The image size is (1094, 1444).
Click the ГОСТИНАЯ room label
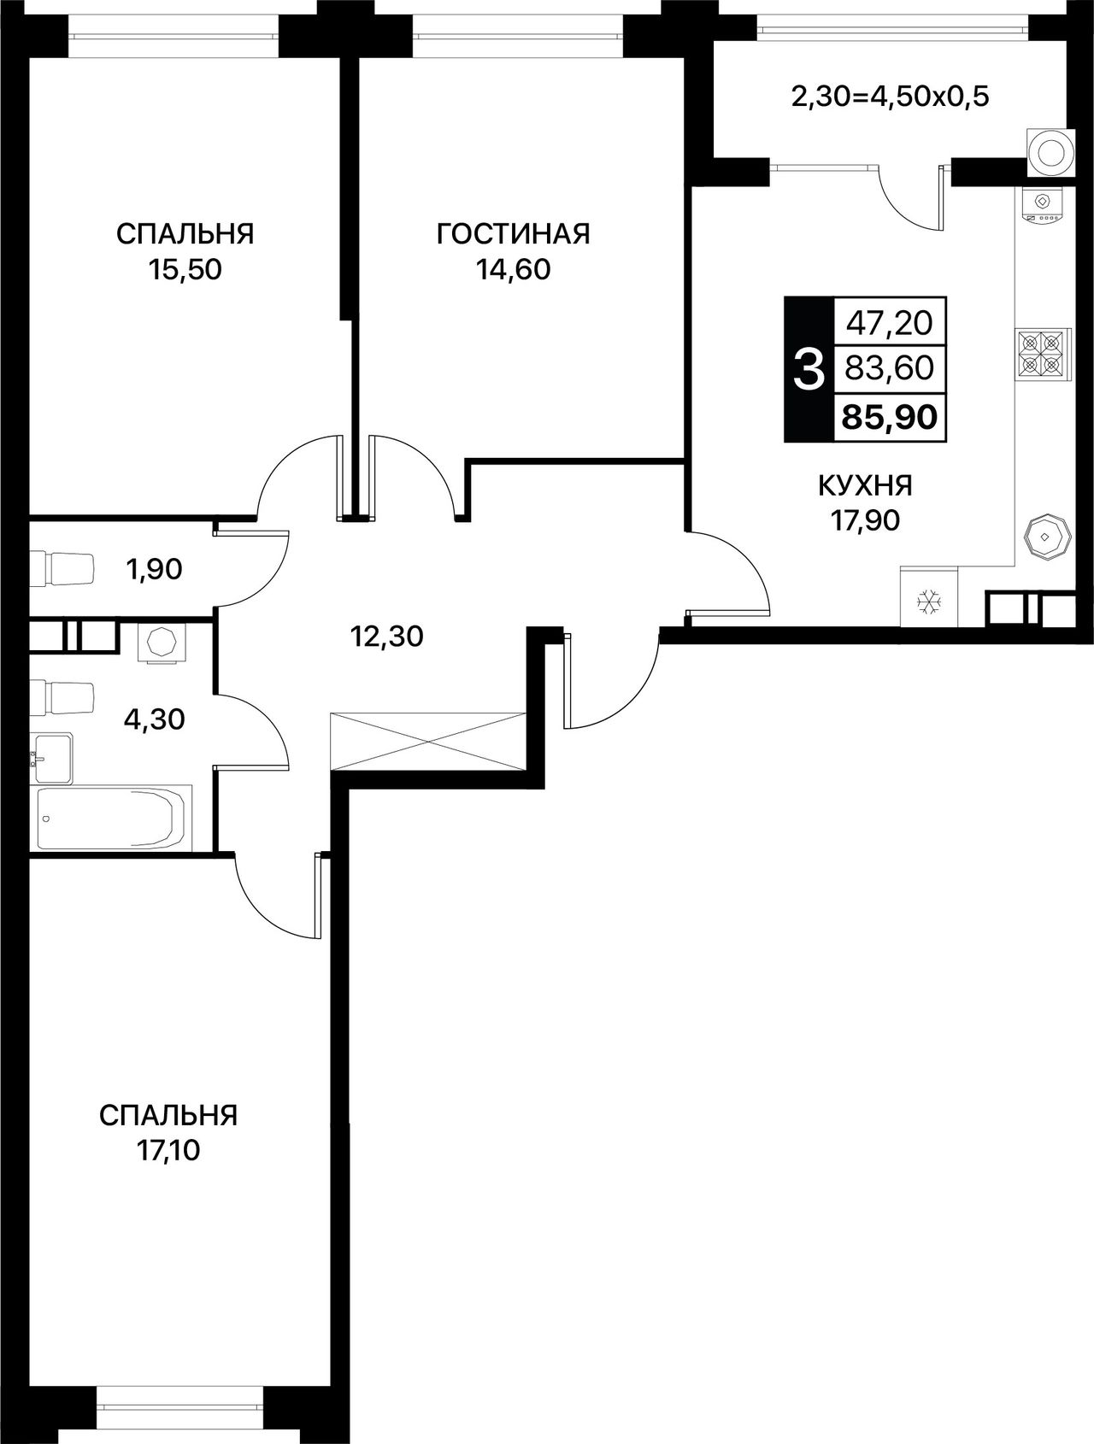pyautogui.click(x=513, y=233)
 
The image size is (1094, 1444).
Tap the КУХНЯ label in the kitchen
pyautogui.click(x=865, y=485)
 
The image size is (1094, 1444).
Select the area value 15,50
pyautogui.click(x=185, y=270)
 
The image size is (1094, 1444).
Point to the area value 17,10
pyautogui.click(x=168, y=1152)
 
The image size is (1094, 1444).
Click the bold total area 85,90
pyautogui.click(x=890, y=417)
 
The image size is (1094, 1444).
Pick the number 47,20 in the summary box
pyautogui.click(x=890, y=322)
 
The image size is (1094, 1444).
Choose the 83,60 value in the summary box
pyautogui.click(x=890, y=369)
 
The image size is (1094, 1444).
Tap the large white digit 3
pyautogui.click(x=809, y=370)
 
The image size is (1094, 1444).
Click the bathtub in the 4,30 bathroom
pyautogui.click(x=111, y=817)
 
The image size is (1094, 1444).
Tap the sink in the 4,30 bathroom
pyautogui.click(x=52, y=757)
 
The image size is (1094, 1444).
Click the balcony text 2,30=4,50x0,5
pyautogui.click(x=890, y=97)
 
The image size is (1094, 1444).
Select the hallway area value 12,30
pyautogui.click(x=387, y=636)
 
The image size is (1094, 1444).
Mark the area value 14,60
pyautogui.click(x=513, y=270)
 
